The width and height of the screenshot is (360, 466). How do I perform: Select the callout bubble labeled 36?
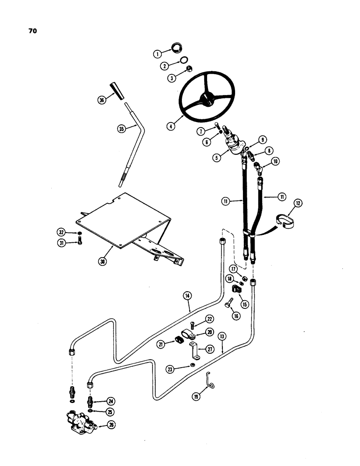pos(102,99)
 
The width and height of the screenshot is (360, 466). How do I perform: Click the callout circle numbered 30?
pos(103,261)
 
